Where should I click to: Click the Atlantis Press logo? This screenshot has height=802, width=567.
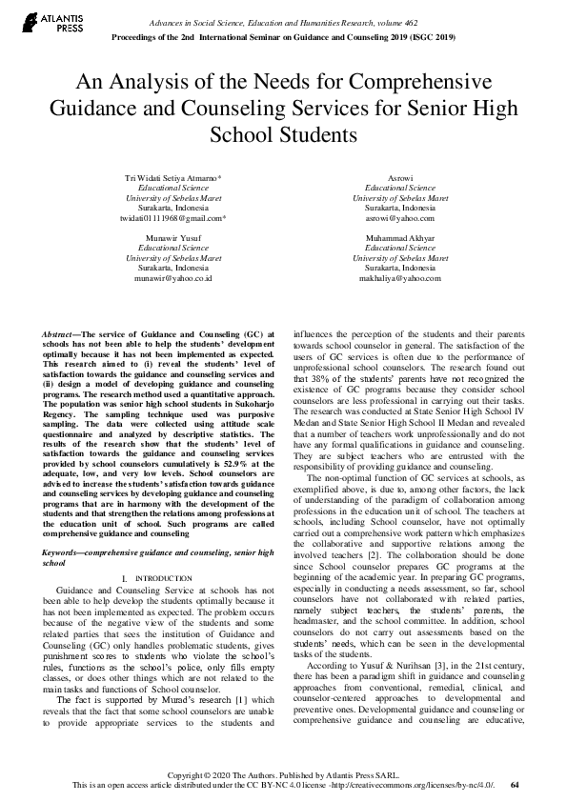pyautogui.click(x=46, y=22)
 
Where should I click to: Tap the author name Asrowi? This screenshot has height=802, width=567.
pyautogui.click(x=400, y=178)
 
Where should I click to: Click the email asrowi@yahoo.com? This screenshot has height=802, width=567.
pyautogui.click(x=400, y=218)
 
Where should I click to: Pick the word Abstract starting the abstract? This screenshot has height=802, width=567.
pyautogui.click(x=60, y=335)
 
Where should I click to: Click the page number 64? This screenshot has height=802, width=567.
pyautogui.click(x=516, y=785)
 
